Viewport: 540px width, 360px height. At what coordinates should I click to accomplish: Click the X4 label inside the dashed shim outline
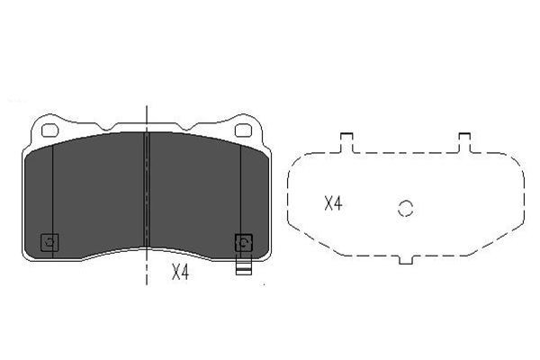click(333, 204)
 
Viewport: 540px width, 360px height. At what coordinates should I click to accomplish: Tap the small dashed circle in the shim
click(405, 208)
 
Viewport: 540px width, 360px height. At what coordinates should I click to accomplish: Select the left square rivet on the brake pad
click(50, 241)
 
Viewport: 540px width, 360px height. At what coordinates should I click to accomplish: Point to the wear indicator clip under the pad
click(241, 267)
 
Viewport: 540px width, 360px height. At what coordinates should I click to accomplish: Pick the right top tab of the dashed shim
click(464, 140)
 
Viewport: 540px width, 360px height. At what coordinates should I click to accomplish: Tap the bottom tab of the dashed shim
click(405, 261)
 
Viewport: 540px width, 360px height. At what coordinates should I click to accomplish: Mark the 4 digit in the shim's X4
click(338, 204)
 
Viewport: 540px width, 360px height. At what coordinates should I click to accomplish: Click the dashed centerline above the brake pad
click(147, 115)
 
